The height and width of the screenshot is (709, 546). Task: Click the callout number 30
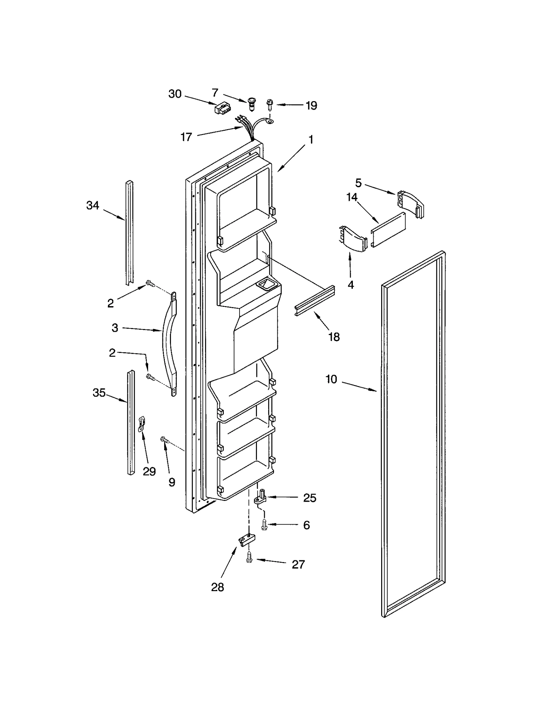[175, 94]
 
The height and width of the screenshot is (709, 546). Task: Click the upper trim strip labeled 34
[129, 232]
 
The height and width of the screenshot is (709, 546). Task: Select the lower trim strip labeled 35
[131, 423]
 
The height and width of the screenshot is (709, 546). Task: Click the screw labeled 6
[264, 525]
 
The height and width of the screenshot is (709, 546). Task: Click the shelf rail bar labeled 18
[315, 301]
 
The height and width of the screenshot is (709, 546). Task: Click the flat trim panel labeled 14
[388, 230]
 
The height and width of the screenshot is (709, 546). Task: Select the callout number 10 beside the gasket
[331, 379]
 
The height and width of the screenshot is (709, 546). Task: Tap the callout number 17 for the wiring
[186, 137]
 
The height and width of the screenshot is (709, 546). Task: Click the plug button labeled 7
[252, 103]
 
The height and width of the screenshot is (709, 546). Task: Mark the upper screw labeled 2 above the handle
[150, 283]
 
